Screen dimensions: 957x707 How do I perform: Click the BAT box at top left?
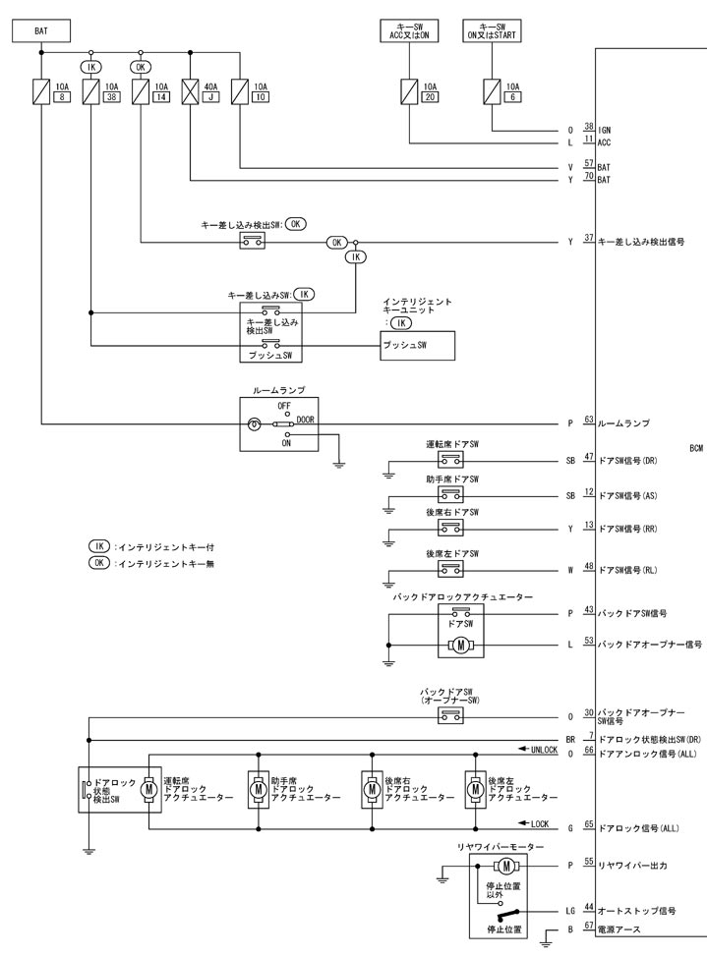click(41, 31)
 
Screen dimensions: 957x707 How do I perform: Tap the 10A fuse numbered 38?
click(90, 92)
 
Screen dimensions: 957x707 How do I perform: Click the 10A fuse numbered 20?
click(408, 92)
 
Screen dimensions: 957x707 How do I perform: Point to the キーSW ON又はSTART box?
click(494, 31)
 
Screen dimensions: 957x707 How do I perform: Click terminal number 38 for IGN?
click(589, 126)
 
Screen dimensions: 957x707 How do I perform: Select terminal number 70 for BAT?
click(589, 177)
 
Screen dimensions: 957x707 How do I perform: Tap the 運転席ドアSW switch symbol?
click(451, 459)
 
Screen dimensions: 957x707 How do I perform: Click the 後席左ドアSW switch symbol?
click(451, 566)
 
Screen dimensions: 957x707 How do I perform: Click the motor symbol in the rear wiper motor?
click(505, 865)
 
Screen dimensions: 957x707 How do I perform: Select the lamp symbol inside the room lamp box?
click(255, 424)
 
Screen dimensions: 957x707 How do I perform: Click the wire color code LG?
click(570, 911)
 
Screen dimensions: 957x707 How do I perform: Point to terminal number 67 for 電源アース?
click(589, 926)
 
